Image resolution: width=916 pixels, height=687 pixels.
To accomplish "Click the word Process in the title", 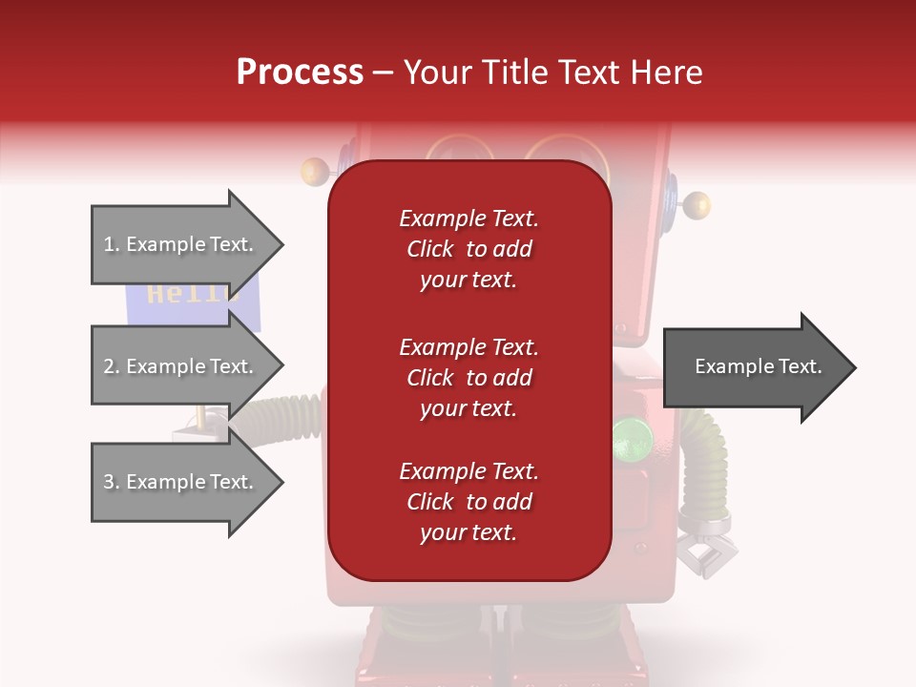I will pos(300,73).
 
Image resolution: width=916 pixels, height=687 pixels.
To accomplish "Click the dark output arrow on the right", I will pos(759,367).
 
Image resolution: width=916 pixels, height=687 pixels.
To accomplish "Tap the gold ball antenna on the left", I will pos(313,173).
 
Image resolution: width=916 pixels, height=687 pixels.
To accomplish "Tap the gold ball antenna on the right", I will pos(697,203).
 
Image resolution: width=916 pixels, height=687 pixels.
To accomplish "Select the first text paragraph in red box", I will pos(468,249).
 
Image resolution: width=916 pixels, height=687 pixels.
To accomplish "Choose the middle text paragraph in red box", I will pos(468,378).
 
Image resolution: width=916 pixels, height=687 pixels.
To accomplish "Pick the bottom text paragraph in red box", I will pos(468,502).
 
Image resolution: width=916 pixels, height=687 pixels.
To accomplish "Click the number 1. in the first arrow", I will pos(112,244).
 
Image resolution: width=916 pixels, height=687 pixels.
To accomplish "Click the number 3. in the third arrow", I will pos(112,482).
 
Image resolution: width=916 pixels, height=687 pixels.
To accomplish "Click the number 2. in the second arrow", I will pos(112,366).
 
